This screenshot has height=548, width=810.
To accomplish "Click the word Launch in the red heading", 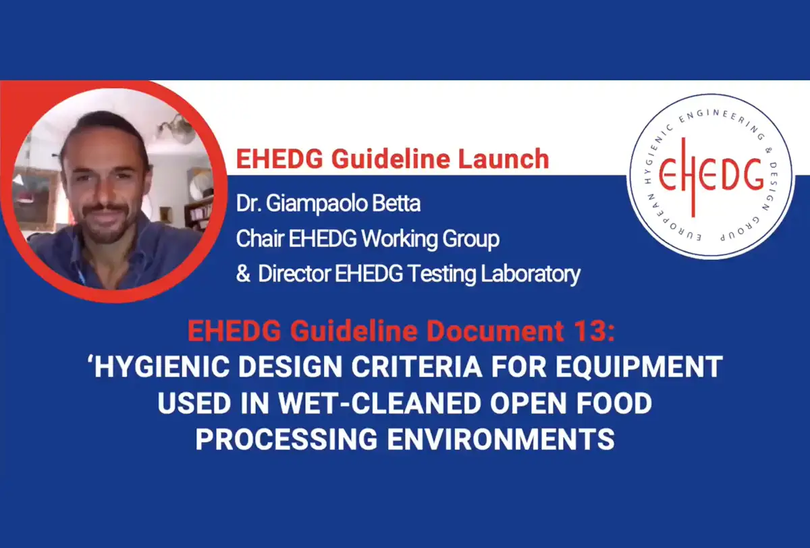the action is point(504,159).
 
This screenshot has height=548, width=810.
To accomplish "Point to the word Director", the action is point(294,273).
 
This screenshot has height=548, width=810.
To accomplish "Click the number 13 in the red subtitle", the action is point(592,331).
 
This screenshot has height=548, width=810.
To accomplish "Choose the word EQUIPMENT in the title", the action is point(639,367).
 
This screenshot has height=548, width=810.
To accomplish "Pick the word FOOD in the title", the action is point(614,403).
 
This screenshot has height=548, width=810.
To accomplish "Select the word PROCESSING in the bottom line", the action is point(287,439).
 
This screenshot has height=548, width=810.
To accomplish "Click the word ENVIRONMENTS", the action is point(501,439).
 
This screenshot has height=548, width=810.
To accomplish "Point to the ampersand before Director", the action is point(243,273).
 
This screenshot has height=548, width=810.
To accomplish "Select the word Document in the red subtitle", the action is point(495,331).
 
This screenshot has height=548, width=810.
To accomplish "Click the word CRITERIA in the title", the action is point(416,367).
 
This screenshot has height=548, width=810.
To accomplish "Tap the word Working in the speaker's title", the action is point(399,239).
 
